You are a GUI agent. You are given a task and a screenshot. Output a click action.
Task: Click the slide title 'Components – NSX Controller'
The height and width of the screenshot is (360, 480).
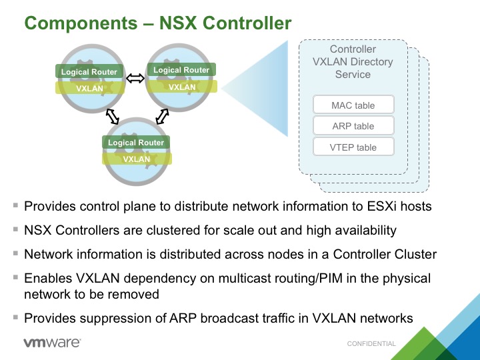[x=158, y=23]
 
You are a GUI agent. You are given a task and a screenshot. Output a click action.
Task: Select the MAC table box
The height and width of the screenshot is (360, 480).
[x=353, y=105]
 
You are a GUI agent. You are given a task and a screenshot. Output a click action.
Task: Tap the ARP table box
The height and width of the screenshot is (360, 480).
[x=353, y=126]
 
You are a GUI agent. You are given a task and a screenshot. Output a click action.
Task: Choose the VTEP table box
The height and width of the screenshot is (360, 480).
[x=353, y=147]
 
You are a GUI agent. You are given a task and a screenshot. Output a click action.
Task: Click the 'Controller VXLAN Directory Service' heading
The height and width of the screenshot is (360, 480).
[x=353, y=62]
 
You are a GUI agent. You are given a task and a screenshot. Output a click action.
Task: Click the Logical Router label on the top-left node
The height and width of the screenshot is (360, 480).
[x=89, y=72]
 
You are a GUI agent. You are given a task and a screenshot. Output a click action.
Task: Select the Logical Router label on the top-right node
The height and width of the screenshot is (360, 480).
[x=181, y=70]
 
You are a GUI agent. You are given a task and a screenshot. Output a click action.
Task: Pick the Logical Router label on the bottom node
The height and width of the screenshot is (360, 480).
[x=136, y=143]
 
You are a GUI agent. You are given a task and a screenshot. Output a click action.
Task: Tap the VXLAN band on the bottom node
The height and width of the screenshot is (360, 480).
[x=137, y=159]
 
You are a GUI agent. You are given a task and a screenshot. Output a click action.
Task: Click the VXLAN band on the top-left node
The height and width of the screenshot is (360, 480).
[x=89, y=88]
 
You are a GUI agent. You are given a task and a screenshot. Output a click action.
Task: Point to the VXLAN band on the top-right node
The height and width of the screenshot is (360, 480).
[x=182, y=87]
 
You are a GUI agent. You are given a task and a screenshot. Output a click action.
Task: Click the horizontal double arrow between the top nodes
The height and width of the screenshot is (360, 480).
[x=135, y=79]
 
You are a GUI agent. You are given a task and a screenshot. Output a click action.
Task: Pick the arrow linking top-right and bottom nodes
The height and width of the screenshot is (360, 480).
[x=161, y=117]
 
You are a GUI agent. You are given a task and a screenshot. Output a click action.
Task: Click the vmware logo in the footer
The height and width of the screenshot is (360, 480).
[x=52, y=343]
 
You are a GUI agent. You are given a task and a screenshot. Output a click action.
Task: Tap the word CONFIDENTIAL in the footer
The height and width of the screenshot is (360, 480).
[x=371, y=344]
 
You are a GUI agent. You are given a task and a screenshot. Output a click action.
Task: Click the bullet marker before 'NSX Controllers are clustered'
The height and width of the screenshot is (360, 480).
[x=15, y=229]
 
